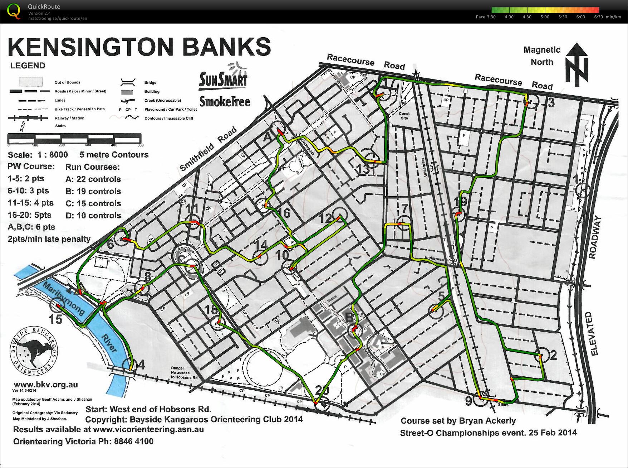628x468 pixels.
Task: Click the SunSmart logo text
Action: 223,79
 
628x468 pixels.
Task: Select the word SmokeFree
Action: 225,102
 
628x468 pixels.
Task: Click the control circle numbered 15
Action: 56,306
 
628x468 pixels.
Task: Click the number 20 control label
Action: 322,390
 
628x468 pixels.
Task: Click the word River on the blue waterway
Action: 109,343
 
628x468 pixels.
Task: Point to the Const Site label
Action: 404,116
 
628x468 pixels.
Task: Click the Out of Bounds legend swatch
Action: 31,82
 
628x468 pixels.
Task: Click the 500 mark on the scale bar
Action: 140,145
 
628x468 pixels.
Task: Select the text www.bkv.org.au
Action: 46,385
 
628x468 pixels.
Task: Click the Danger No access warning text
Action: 184,373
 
